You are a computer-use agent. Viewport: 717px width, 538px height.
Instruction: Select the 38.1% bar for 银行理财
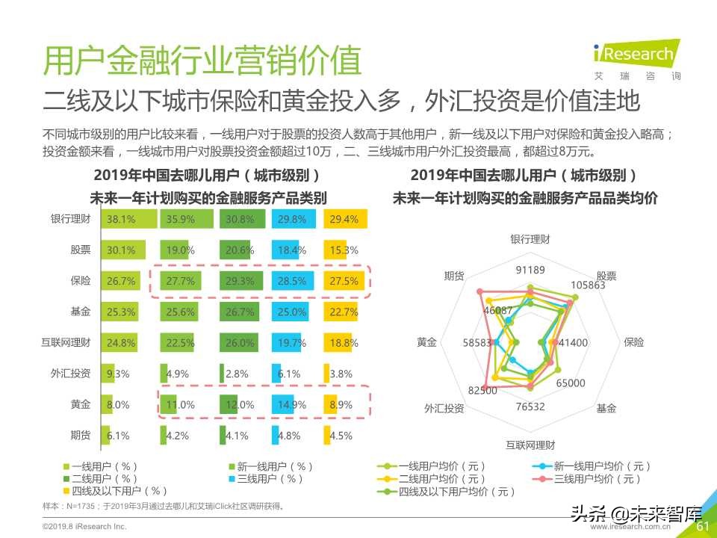(x=128, y=220)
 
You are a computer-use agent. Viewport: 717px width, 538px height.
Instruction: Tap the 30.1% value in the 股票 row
(x=121, y=250)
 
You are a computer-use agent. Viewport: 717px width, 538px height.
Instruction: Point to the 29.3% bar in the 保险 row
(x=239, y=281)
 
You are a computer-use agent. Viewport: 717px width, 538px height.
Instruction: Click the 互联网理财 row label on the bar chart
(x=66, y=343)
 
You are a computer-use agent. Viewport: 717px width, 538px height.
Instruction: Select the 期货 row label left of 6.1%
(x=80, y=436)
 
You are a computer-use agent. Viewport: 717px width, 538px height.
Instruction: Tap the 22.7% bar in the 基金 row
(x=344, y=312)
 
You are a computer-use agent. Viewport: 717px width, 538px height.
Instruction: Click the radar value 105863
(x=587, y=285)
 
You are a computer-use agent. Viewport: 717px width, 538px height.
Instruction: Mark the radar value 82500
(x=482, y=390)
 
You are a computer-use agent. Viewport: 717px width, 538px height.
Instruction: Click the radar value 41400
(x=573, y=342)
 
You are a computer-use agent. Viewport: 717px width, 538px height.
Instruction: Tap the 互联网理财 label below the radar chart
(x=530, y=445)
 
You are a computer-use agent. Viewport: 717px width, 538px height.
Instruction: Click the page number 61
(x=702, y=527)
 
